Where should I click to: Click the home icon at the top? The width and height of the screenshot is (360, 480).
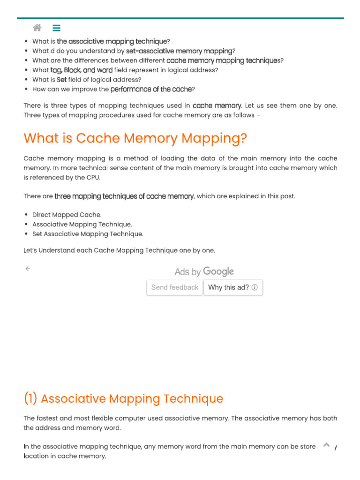pyautogui.click(x=37, y=28)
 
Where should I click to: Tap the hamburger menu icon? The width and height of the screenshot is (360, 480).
pyautogui.click(x=56, y=28)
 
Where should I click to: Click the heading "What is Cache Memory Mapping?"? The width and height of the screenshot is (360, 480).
pyautogui.click(x=135, y=138)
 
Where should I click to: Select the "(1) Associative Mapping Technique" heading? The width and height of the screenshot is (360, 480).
pyautogui.click(x=123, y=399)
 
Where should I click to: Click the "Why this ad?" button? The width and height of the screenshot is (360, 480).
pyautogui.click(x=233, y=287)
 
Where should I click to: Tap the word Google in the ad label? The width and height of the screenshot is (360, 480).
pyautogui.click(x=218, y=271)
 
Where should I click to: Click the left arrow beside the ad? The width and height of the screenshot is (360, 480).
pyautogui.click(x=28, y=269)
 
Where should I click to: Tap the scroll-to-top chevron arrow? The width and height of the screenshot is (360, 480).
pyautogui.click(x=327, y=445)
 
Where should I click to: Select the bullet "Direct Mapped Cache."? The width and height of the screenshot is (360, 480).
pyautogui.click(x=67, y=215)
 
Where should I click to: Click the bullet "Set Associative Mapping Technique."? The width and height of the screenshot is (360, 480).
pyautogui.click(x=88, y=234)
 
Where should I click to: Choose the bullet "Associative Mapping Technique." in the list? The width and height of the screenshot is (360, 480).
pyautogui.click(x=82, y=225)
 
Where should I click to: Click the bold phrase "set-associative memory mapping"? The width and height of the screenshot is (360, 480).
pyautogui.click(x=179, y=51)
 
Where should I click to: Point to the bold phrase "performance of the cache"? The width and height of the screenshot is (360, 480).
pyautogui.click(x=151, y=89)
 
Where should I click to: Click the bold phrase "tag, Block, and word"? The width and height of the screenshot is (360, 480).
pyautogui.click(x=81, y=70)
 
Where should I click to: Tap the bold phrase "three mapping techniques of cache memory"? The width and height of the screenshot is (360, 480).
pyautogui.click(x=124, y=196)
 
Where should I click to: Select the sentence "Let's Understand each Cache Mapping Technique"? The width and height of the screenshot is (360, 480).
pyautogui.click(x=119, y=250)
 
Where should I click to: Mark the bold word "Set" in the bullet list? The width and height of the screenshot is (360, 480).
pyautogui.click(x=62, y=80)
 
